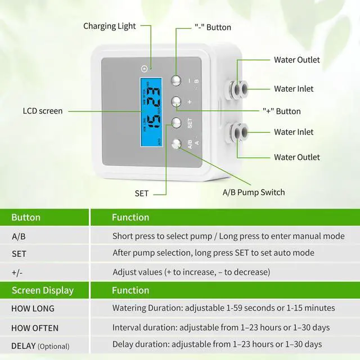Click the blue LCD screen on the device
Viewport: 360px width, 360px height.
click(150, 111)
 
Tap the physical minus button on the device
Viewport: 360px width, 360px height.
click(176, 80)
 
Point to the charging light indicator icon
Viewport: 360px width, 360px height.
click(145, 69)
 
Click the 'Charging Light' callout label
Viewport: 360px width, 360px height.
click(109, 26)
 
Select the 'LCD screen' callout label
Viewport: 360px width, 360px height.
click(43, 111)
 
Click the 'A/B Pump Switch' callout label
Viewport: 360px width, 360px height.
click(253, 192)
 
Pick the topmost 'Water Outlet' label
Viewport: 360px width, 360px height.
click(296, 60)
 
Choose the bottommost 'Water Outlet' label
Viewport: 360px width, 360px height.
click(296, 157)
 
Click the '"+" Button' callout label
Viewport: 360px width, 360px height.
click(281, 111)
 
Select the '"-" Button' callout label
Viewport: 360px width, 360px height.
click(213, 27)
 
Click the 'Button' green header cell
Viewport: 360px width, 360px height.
click(26, 217)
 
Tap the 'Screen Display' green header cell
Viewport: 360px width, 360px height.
click(42, 290)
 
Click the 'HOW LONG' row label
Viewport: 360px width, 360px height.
click(33, 308)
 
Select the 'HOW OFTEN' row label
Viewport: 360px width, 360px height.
click(35, 327)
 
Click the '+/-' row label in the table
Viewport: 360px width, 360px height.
click(17, 272)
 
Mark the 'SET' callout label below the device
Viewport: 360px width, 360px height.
click(142, 193)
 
